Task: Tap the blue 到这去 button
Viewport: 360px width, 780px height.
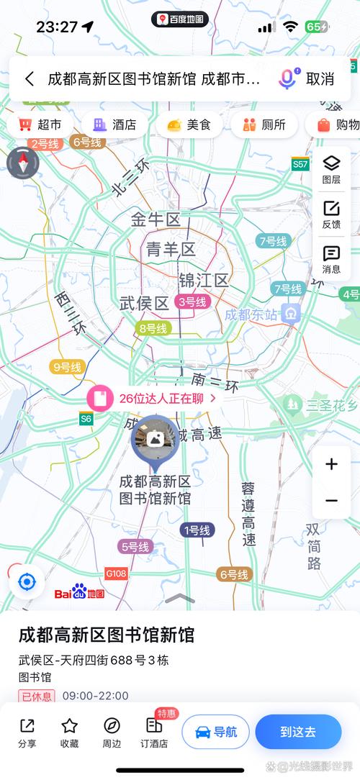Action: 298,732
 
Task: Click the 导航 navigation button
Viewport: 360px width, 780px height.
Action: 215,732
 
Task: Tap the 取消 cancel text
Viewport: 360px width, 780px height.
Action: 320,79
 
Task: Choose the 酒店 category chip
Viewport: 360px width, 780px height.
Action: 115,124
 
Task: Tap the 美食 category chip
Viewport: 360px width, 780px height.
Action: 189,124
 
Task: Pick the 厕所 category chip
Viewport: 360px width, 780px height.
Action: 264,124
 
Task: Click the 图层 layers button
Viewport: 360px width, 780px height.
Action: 331,170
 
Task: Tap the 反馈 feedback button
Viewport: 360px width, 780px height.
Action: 331,214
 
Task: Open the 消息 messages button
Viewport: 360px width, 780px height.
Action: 331,259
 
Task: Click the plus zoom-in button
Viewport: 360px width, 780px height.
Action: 331,464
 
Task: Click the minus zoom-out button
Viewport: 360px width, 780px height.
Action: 331,501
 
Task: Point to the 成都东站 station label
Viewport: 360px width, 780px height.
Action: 251,314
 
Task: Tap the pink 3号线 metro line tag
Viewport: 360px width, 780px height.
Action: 192,302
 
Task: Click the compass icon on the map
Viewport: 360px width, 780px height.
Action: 22,163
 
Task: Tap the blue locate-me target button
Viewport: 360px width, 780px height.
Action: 27,581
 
